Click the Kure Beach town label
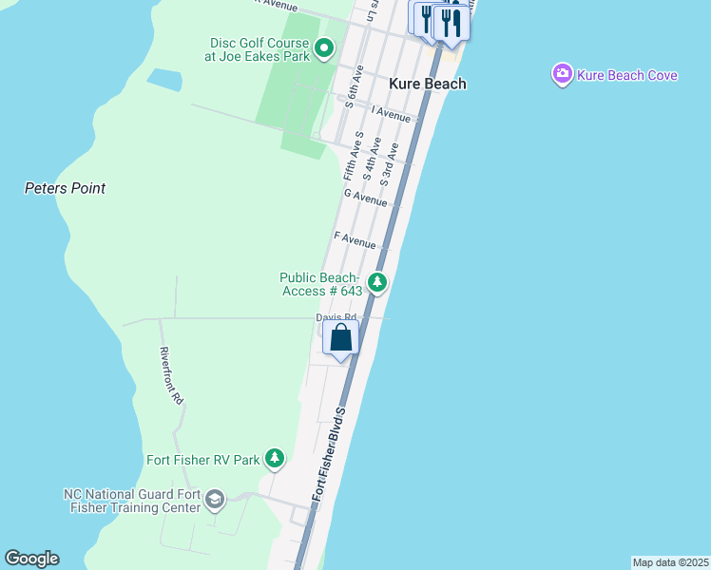[428, 84]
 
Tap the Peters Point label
[65, 188]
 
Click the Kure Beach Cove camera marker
[563, 74]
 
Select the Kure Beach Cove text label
[627, 75]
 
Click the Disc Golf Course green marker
[324, 47]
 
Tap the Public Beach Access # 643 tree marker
[377, 282]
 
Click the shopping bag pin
[340, 338]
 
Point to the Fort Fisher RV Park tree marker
[275, 460]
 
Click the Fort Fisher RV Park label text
[202, 461]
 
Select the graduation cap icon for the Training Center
[215, 500]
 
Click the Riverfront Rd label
[171, 376]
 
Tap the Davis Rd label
[336, 317]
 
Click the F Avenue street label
[355, 240]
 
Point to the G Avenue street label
[366, 197]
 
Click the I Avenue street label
[391, 114]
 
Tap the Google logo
[31, 559]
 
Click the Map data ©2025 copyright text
[670, 562]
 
